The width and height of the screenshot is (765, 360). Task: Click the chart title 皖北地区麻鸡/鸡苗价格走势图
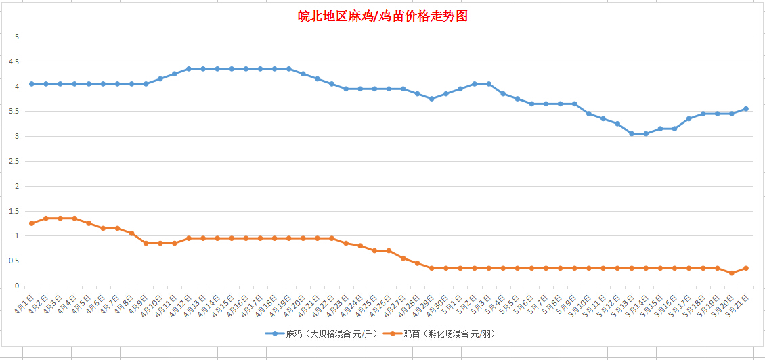tap(383, 16)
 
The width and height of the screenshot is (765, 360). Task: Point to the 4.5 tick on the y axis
tap(14, 62)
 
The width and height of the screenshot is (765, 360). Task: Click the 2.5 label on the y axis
tap(14, 161)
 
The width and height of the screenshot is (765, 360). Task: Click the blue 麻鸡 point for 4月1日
tap(31, 84)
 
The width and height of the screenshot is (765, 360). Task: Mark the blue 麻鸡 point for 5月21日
tap(746, 108)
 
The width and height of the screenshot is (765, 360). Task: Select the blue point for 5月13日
tap(632, 133)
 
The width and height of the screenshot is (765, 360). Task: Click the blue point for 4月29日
tap(431, 99)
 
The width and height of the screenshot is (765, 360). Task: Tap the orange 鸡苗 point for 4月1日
tap(31, 223)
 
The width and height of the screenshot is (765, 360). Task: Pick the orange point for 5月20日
tap(732, 273)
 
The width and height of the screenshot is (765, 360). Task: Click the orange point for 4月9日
tap(146, 243)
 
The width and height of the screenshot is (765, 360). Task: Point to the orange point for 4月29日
tap(431, 268)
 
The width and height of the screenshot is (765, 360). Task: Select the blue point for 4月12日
tap(188, 69)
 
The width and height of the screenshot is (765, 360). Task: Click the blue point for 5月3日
tap(489, 84)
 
